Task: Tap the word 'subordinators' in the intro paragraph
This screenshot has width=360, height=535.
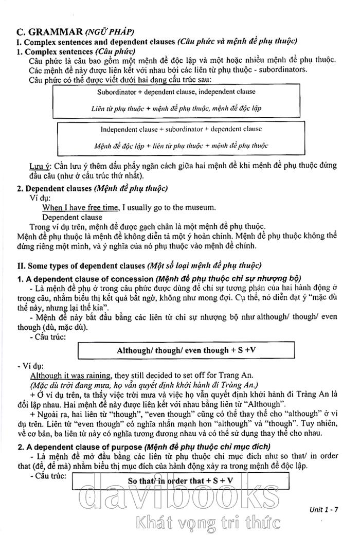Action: [x=282, y=69]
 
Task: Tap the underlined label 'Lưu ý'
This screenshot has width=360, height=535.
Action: [x=39, y=166]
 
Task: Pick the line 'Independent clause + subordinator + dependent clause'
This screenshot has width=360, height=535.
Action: [x=181, y=129]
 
